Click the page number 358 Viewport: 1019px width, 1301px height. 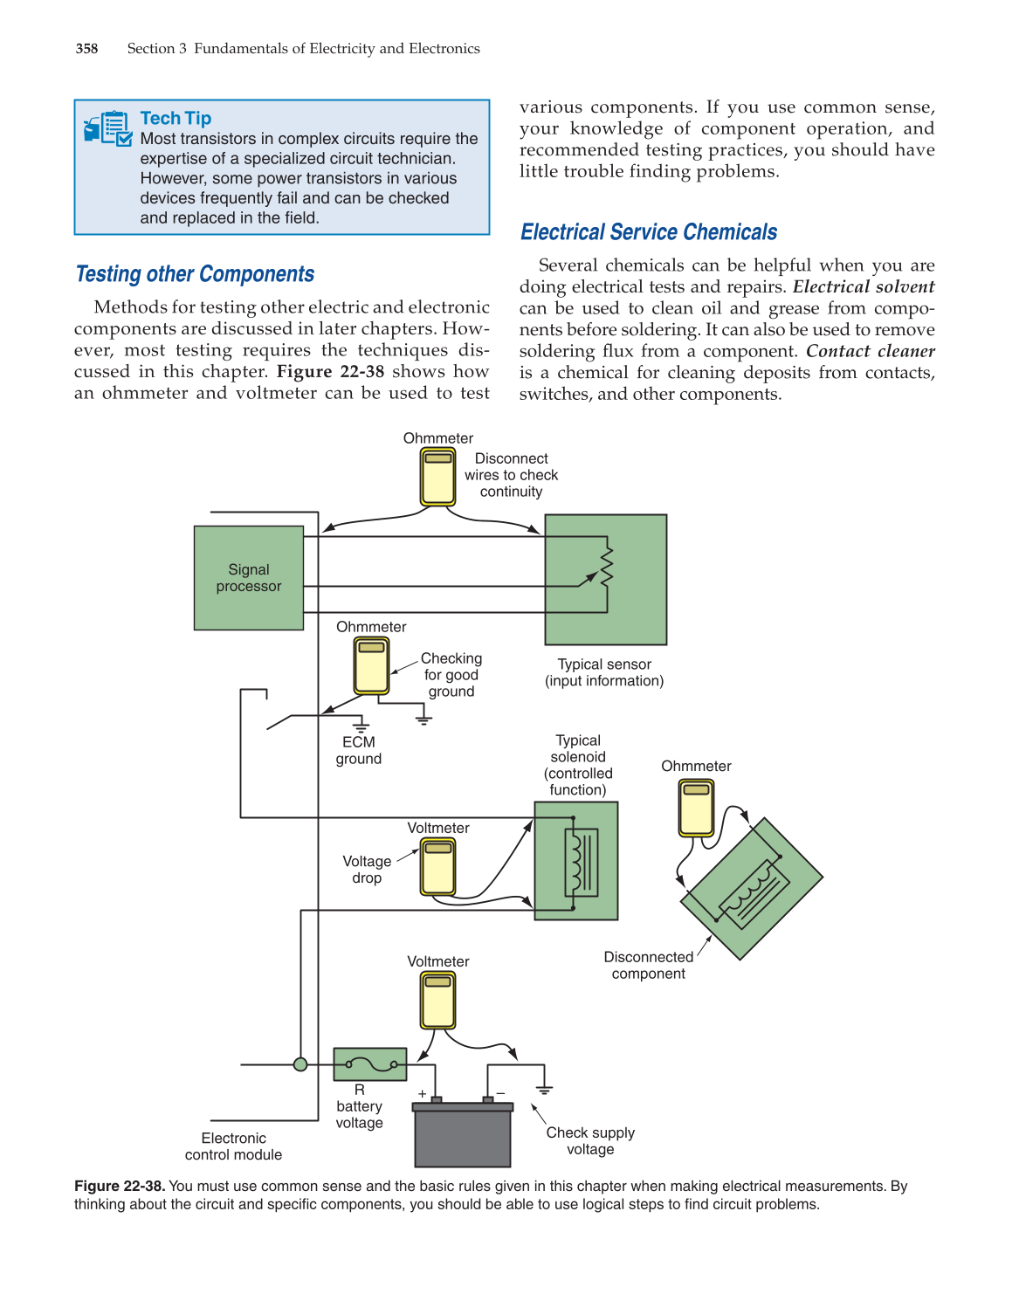click(x=86, y=49)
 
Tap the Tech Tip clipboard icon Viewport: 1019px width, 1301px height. click(x=108, y=128)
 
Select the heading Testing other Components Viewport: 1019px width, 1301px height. click(x=195, y=274)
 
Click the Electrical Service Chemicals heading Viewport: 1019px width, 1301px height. click(x=648, y=232)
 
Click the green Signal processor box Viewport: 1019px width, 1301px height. click(x=249, y=578)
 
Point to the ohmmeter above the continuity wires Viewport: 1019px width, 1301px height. click(x=438, y=477)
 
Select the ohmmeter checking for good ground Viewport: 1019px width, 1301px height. click(x=371, y=665)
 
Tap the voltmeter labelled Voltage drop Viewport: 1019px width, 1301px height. click(x=438, y=866)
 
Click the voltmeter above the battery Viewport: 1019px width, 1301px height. click(x=438, y=1001)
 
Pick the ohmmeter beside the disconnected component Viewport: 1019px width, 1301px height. click(x=696, y=808)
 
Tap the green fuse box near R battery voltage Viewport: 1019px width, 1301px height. click(x=370, y=1064)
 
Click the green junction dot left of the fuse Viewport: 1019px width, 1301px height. click(x=300, y=1064)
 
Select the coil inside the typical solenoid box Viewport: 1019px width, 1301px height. click(x=575, y=862)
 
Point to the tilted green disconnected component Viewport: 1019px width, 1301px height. click(x=752, y=889)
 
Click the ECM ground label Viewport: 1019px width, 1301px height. click(x=359, y=750)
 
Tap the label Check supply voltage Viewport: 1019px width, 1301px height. click(x=590, y=1140)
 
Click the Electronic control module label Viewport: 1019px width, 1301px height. click(x=233, y=1146)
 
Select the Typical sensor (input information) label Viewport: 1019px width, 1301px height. click(x=604, y=672)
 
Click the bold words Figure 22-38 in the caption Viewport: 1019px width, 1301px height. click(x=119, y=1186)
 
